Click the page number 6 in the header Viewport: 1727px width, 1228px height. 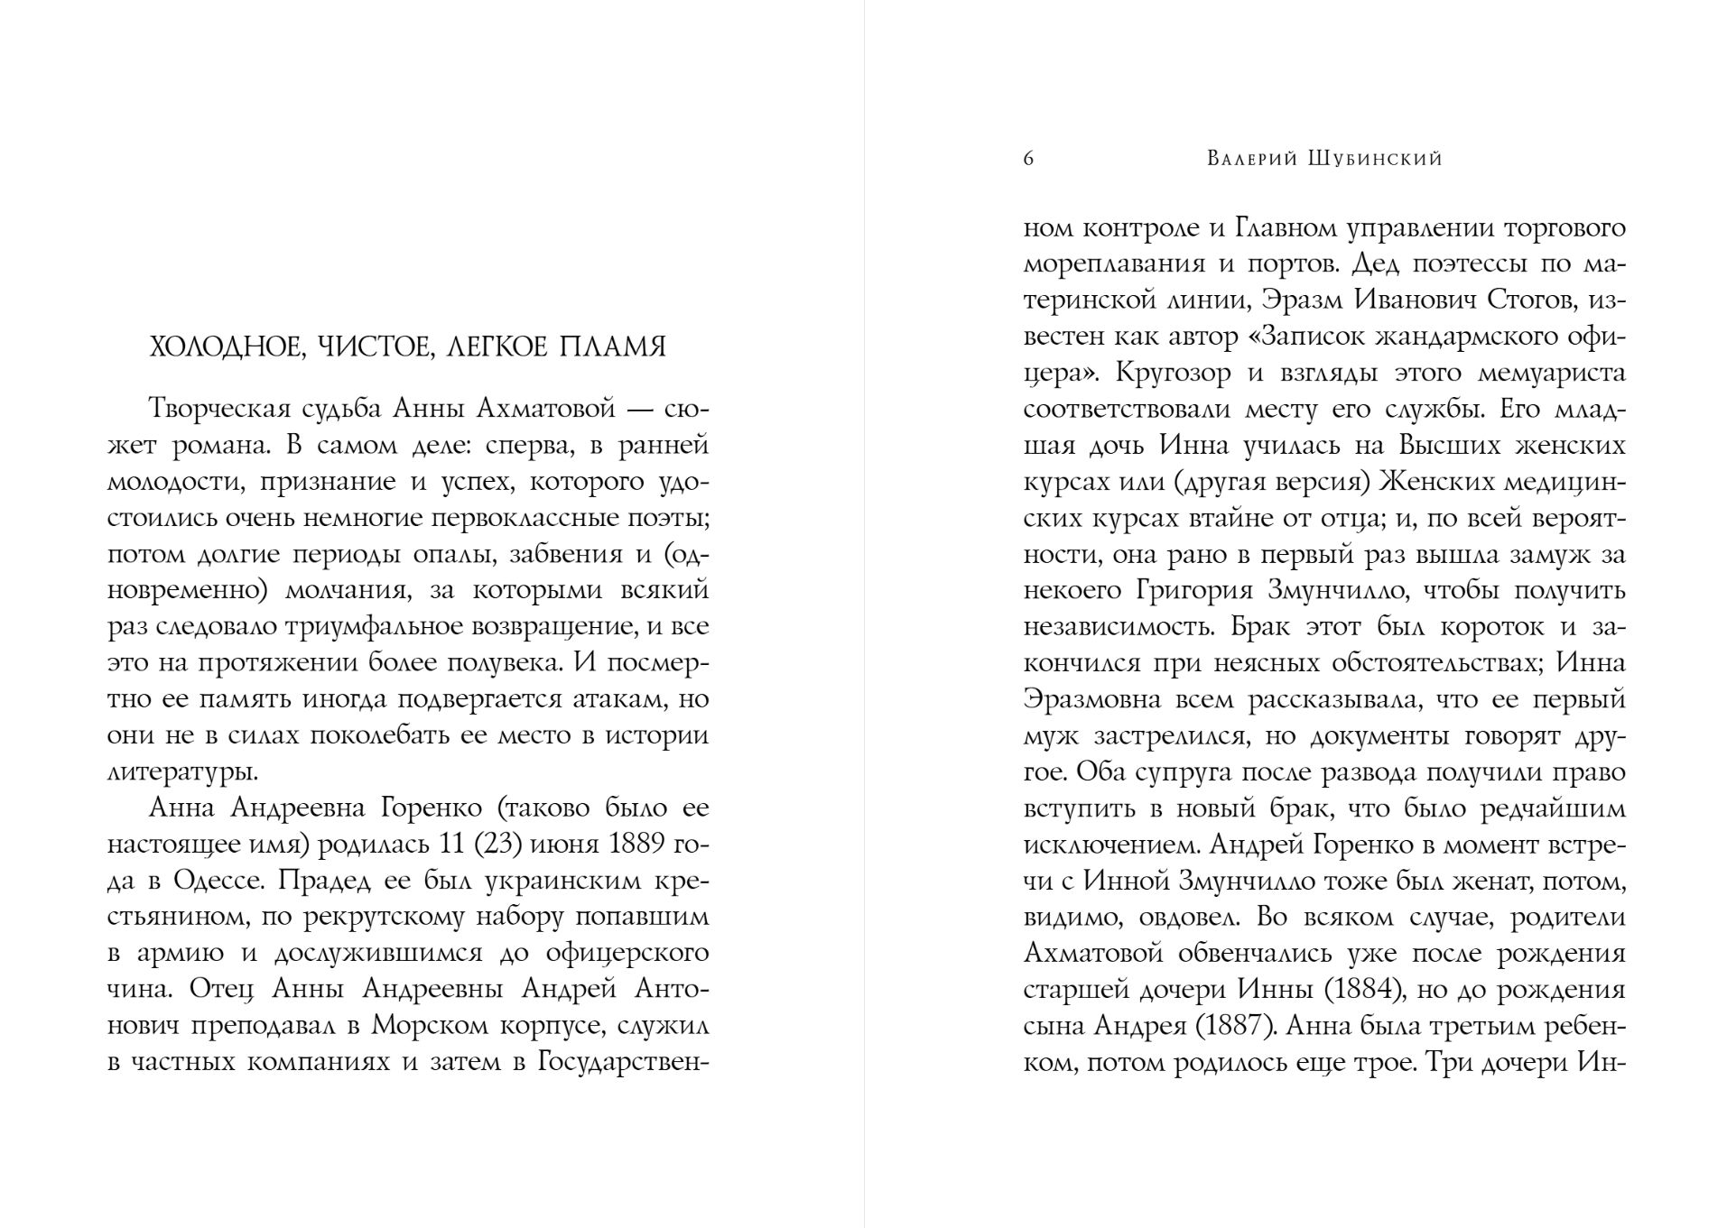pyautogui.click(x=1029, y=160)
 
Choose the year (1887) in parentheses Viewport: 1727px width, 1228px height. pyautogui.click(x=1233, y=1026)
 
